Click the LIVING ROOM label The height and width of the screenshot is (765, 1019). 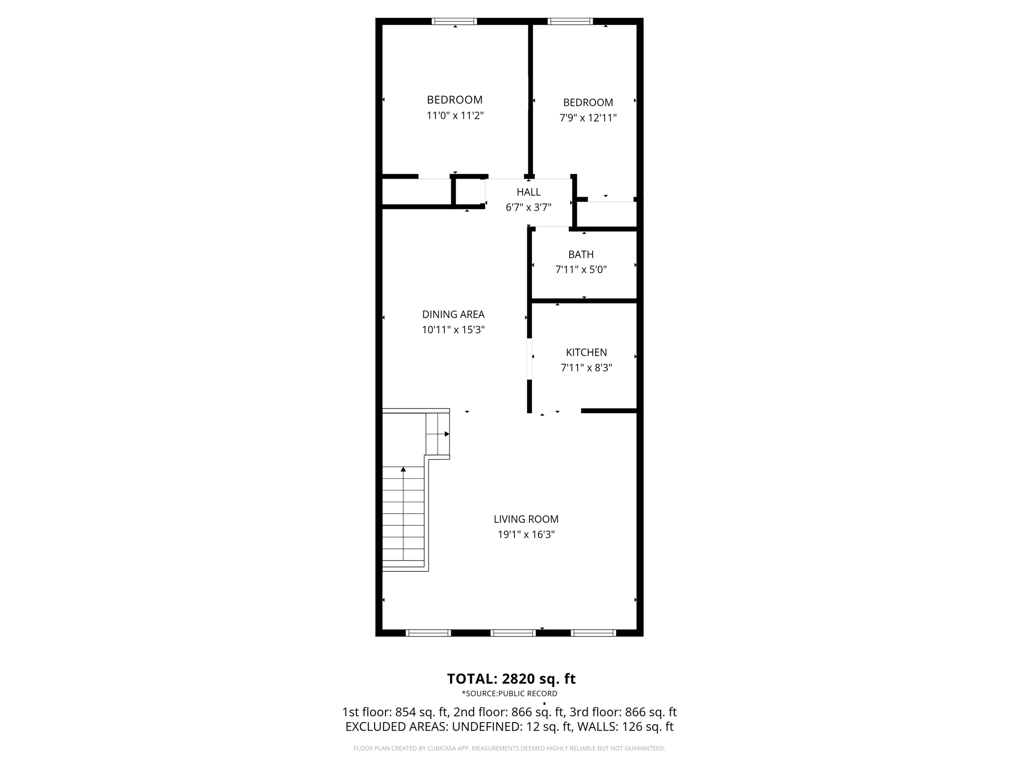point(526,519)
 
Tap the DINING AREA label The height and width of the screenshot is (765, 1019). point(453,314)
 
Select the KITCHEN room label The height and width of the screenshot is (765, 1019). point(586,352)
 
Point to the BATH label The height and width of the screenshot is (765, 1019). point(581,255)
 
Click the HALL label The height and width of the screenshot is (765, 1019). point(528,192)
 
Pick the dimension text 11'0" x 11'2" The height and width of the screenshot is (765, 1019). point(455,116)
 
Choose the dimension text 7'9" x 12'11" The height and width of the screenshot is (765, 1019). point(588,118)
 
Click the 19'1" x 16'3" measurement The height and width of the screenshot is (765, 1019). point(526,534)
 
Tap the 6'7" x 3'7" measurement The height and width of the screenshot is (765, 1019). point(528,207)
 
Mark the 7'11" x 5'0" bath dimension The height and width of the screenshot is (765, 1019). point(581,269)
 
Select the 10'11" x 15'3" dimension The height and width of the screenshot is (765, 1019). point(453,330)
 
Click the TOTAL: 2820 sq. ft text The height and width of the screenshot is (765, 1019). point(511,679)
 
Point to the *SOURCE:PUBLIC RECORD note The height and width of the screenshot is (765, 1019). point(509,693)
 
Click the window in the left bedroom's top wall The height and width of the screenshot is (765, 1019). point(454,21)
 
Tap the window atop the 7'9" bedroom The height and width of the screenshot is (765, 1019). point(570,21)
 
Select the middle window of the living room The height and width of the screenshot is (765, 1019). point(513,633)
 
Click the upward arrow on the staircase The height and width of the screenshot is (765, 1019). point(404,470)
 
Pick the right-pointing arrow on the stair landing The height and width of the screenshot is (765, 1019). point(447,434)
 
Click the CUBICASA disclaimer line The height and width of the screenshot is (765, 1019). point(509,748)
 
